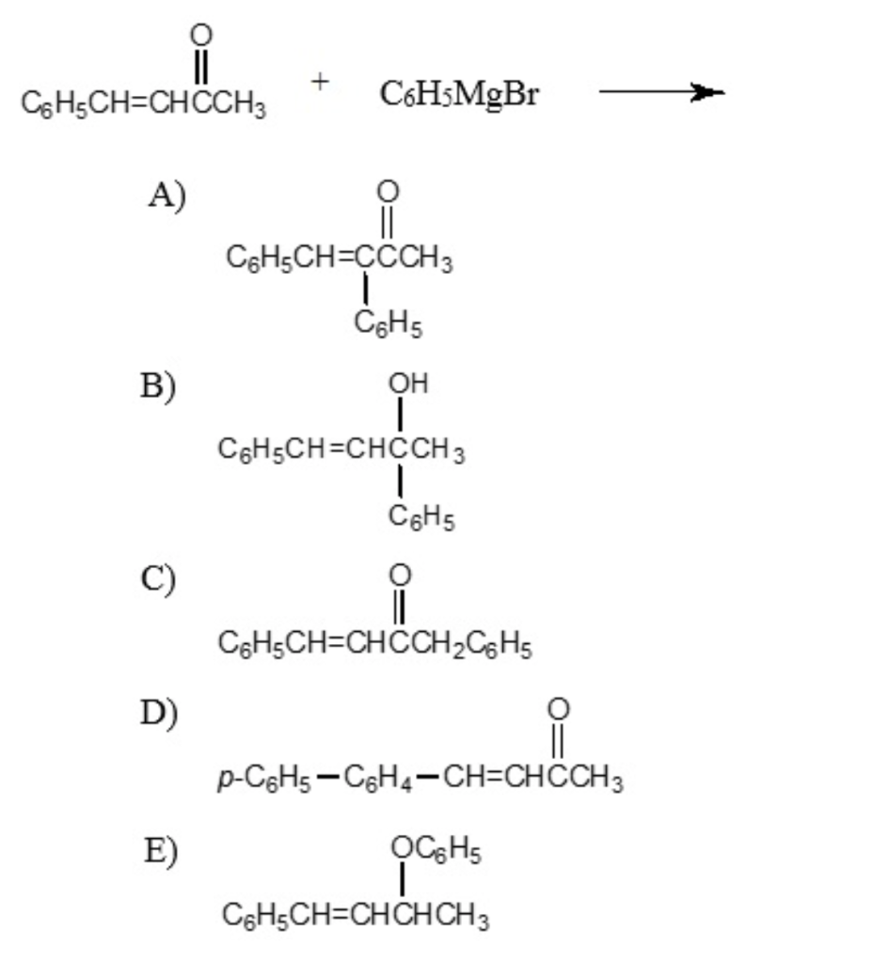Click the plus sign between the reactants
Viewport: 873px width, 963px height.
point(321,83)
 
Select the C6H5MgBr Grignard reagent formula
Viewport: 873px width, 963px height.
point(460,94)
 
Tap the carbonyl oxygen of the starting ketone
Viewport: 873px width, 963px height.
point(199,34)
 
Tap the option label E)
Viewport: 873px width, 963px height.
point(161,850)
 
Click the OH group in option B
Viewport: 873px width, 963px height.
point(407,384)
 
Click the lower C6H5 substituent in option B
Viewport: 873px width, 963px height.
point(421,515)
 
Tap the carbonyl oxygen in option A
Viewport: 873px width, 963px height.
point(385,192)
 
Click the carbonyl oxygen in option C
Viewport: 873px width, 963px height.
point(399,573)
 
